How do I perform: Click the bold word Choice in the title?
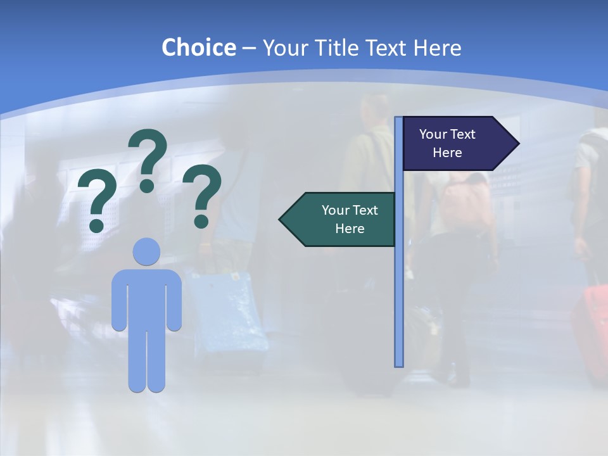(198, 47)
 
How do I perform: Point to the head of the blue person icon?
(146, 251)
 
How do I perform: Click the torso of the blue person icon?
(146, 298)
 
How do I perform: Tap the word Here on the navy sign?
(447, 153)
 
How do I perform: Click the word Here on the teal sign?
(350, 229)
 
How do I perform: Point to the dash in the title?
(249, 48)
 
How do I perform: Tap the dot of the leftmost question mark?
(96, 225)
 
